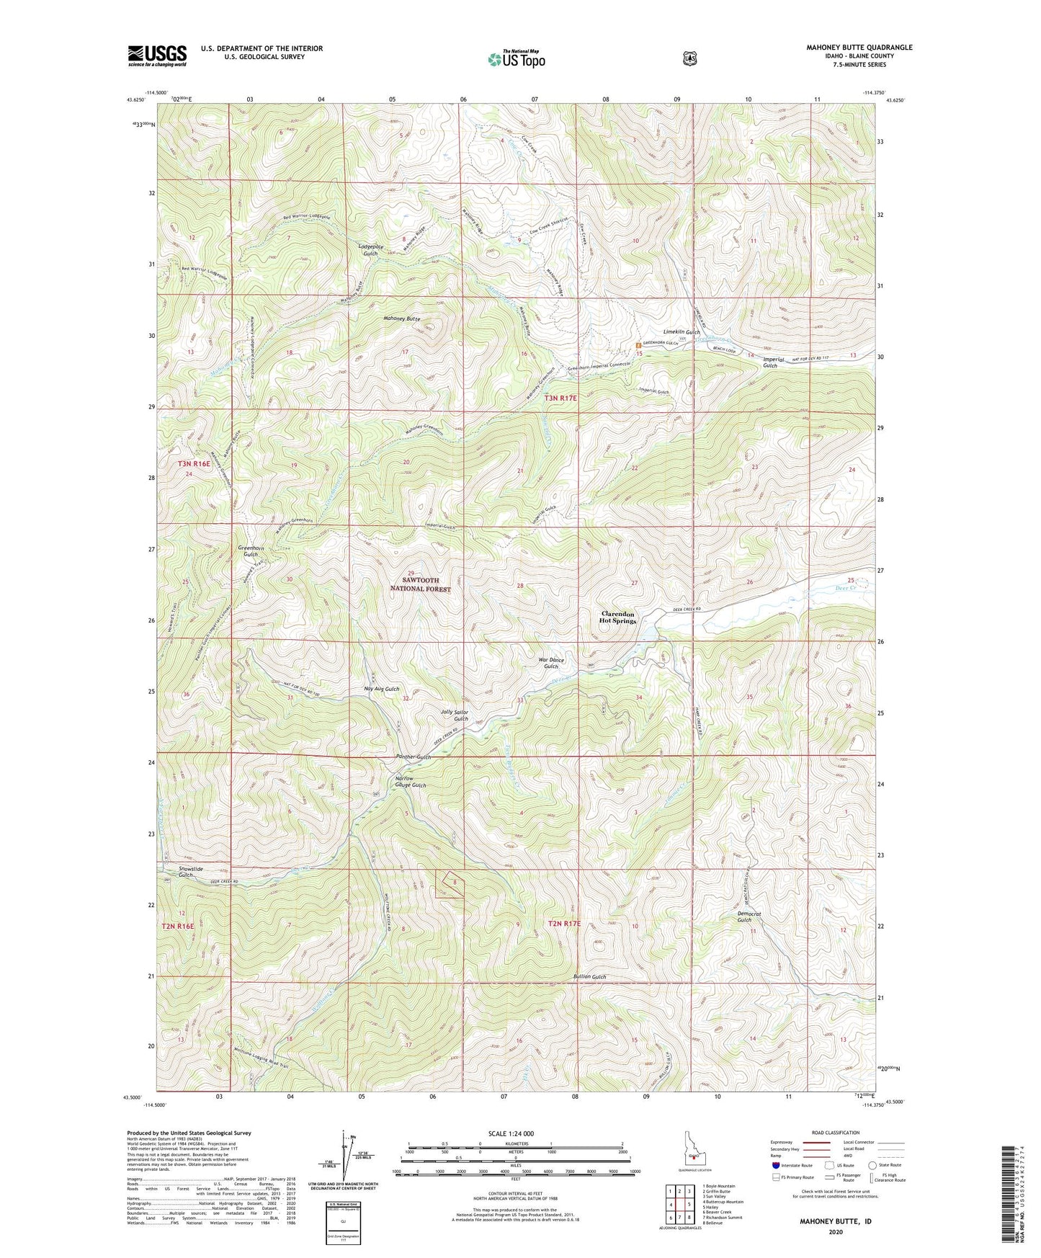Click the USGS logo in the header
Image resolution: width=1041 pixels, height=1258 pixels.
click(x=157, y=55)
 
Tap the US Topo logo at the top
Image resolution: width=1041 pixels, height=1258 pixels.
click(x=515, y=59)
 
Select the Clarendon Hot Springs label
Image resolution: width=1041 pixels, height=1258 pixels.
click(x=618, y=617)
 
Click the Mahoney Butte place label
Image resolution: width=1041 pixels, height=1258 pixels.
click(x=402, y=318)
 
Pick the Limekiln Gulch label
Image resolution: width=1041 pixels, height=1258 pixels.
click(x=681, y=332)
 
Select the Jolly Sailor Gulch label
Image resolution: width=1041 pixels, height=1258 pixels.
click(x=455, y=715)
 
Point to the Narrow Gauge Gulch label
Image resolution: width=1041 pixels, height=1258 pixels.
click(x=411, y=782)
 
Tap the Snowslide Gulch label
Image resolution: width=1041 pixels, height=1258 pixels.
click(x=190, y=871)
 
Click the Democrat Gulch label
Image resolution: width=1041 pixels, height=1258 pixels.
click(x=749, y=916)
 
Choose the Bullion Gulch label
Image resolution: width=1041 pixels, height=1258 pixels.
click(x=589, y=977)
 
